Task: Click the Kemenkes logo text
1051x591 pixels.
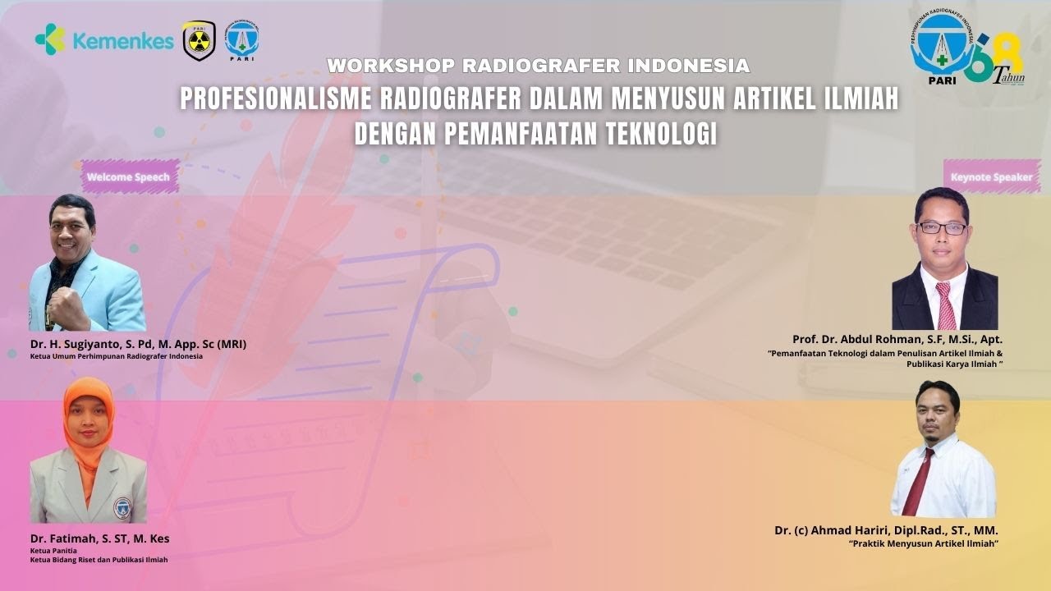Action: (123, 41)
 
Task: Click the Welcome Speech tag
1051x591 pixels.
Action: (129, 176)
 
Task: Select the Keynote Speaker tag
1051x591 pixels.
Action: (991, 176)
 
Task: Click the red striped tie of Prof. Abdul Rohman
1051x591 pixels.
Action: (946, 305)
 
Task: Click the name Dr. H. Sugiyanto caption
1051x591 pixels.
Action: (138, 344)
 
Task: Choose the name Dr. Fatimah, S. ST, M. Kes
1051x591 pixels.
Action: (99, 538)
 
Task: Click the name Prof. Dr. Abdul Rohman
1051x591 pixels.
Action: (897, 339)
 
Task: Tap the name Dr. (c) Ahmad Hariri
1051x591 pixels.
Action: (886, 530)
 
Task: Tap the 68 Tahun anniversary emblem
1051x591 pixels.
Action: (997, 62)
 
